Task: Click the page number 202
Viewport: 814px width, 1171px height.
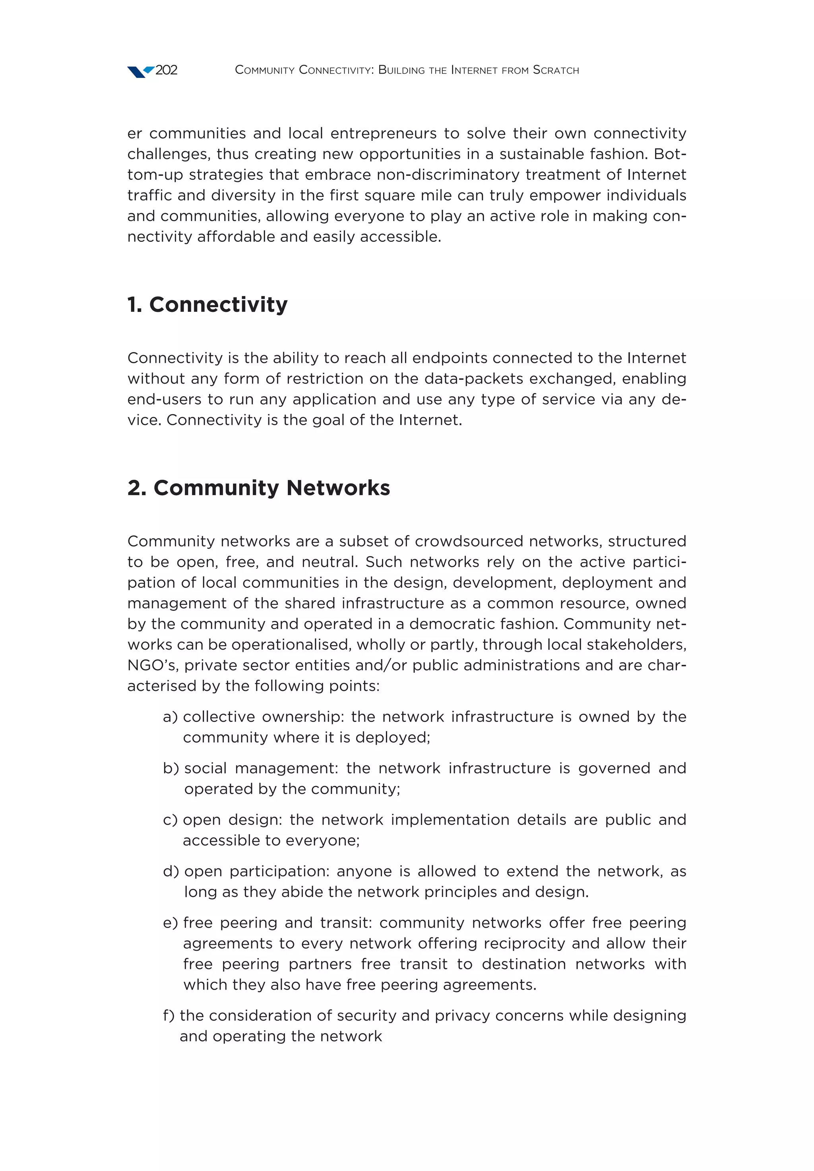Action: point(166,70)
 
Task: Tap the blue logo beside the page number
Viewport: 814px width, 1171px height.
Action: point(140,72)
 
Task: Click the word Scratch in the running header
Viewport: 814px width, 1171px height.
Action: point(556,70)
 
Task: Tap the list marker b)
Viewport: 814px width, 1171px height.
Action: point(171,768)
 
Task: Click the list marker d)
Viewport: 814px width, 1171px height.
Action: point(171,871)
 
